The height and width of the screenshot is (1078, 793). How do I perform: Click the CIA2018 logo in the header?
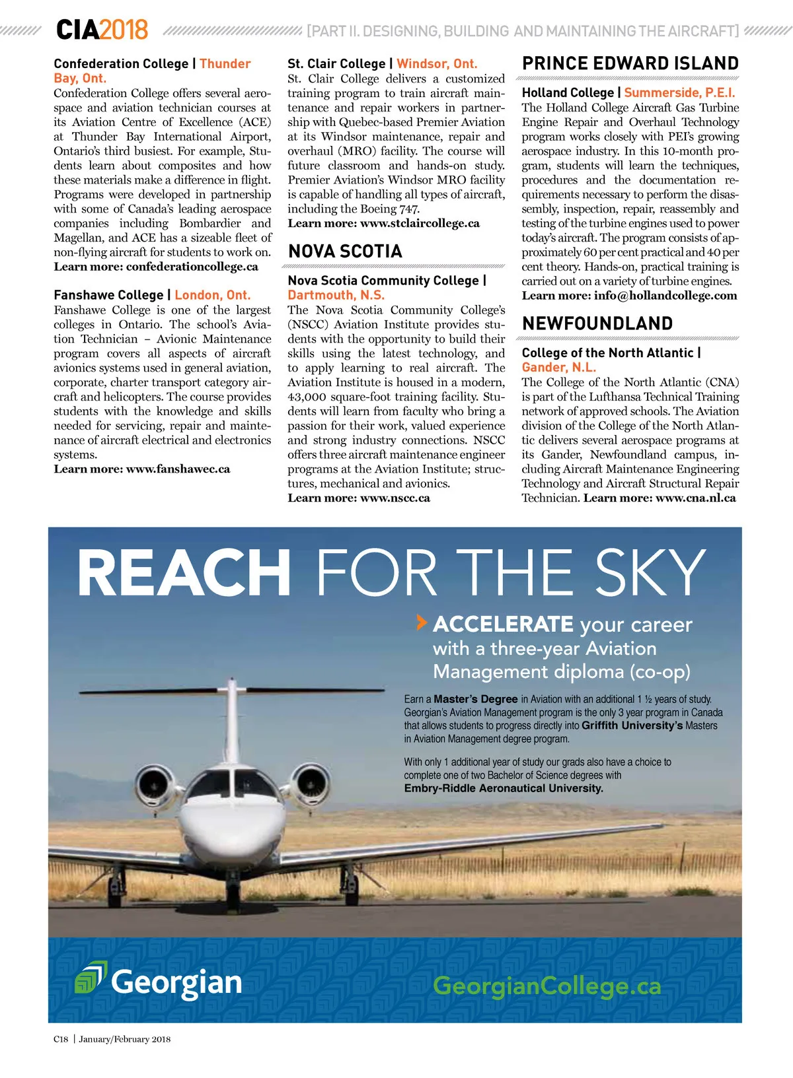(x=102, y=30)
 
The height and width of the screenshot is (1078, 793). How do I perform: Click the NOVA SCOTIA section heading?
(x=345, y=252)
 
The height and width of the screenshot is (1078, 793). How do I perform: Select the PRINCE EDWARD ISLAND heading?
(x=630, y=63)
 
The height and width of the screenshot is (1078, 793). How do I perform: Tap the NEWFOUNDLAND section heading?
(x=597, y=323)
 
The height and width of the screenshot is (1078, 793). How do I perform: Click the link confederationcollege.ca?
(x=192, y=267)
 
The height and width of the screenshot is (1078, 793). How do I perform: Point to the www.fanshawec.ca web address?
(x=178, y=469)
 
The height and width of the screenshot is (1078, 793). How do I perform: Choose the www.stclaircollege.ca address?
(x=420, y=223)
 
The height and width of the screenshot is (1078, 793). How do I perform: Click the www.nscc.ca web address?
(x=395, y=498)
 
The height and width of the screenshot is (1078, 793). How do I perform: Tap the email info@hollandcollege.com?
(x=665, y=296)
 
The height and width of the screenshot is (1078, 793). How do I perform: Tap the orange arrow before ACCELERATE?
(x=421, y=622)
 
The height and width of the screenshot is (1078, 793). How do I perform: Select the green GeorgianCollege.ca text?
(x=547, y=986)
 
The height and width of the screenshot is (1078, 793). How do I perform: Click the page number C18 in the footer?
(x=61, y=1039)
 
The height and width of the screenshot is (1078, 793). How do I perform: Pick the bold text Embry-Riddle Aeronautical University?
(x=504, y=788)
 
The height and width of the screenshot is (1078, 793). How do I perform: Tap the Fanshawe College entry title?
(x=108, y=295)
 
